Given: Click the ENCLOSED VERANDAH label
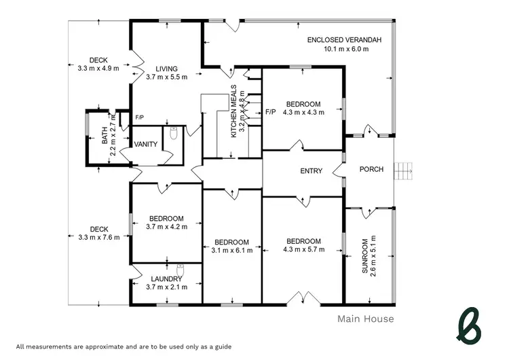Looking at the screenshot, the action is click(x=344, y=40).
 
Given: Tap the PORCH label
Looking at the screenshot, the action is click(x=371, y=169).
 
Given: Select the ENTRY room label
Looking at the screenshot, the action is click(x=311, y=171).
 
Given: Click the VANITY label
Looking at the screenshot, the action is click(x=146, y=144).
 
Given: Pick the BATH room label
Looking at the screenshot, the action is click(x=105, y=138).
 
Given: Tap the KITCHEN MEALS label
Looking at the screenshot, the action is click(x=234, y=112).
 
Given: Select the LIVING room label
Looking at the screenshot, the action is click(x=166, y=69).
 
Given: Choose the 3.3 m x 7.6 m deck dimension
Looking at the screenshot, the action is click(x=94, y=237).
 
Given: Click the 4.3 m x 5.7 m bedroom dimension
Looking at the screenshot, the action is click(x=303, y=250).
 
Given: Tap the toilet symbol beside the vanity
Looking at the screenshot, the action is click(x=174, y=134).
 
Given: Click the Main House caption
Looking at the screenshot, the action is click(x=365, y=318).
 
